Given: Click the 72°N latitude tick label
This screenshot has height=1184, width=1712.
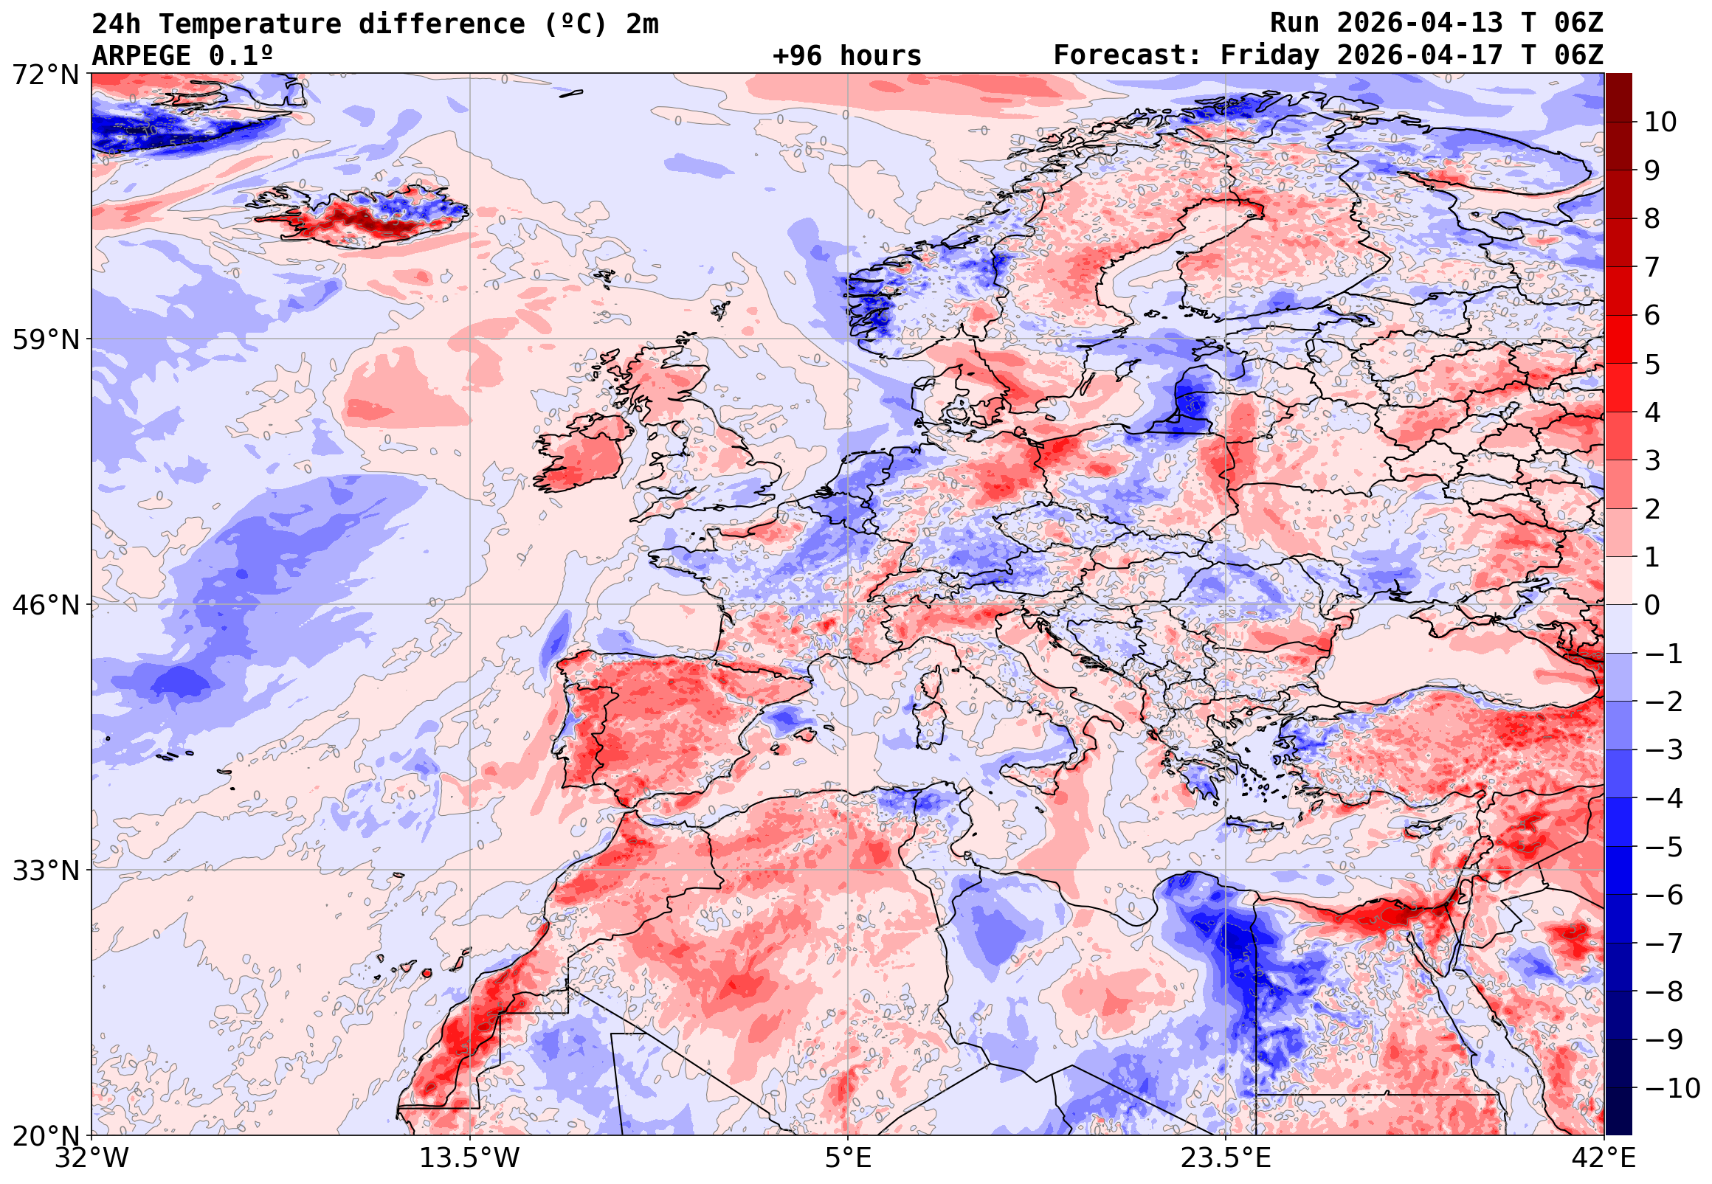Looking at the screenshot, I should click(x=44, y=75).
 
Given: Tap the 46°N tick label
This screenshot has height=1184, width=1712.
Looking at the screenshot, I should click(x=44, y=606).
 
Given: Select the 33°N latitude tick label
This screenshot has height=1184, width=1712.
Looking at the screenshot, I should click(x=44, y=871).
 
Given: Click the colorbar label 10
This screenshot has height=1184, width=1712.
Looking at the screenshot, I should click(x=1660, y=122).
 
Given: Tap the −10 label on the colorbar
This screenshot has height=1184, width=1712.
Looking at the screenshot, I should click(x=1672, y=1089).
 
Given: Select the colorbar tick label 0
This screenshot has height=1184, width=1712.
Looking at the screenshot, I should click(x=1652, y=606).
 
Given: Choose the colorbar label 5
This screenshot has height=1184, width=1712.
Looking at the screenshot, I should click(x=1652, y=365).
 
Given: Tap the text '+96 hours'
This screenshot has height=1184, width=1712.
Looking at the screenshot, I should click(x=846, y=55).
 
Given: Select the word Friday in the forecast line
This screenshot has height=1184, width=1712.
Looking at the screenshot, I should click(x=1270, y=55).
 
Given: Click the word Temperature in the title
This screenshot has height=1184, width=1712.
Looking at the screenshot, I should click(x=249, y=24).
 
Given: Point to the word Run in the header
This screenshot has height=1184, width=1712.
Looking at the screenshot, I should click(x=1294, y=23).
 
